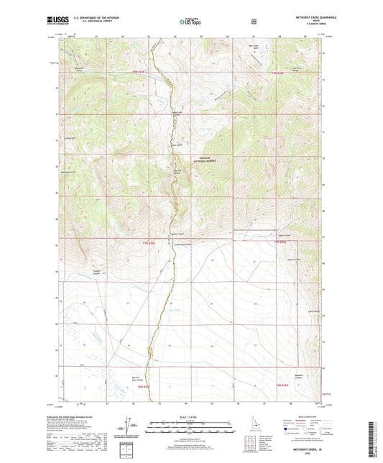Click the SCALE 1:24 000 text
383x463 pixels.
click(x=191, y=417)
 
